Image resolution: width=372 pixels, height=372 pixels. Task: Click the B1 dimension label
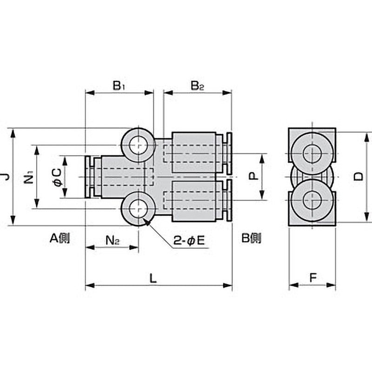pyautogui.click(x=119, y=86)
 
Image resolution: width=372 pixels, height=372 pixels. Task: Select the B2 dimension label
pyautogui.click(x=197, y=86)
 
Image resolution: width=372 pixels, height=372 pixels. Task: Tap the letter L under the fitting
pyautogui.click(x=153, y=278)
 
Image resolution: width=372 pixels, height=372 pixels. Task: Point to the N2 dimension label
pyautogui.click(x=113, y=240)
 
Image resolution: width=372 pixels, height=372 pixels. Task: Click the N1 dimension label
pyautogui.click(x=29, y=177)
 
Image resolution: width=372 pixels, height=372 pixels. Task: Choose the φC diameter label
pyautogui.click(x=58, y=177)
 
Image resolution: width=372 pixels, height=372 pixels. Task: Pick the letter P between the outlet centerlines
pyautogui.click(x=253, y=176)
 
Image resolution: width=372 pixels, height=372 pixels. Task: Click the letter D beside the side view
pyautogui.click(x=358, y=177)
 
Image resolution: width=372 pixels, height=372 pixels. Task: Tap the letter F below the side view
pyautogui.click(x=313, y=278)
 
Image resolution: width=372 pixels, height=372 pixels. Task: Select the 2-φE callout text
pyautogui.click(x=189, y=241)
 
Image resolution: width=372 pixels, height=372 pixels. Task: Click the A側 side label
pyautogui.click(x=60, y=238)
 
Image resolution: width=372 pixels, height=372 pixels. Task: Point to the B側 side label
pyautogui.click(x=252, y=238)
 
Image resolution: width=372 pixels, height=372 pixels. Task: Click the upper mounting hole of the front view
pyautogui.click(x=138, y=145)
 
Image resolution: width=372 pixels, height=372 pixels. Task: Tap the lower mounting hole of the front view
pyautogui.click(x=138, y=208)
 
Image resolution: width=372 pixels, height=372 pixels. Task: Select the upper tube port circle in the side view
pyautogui.click(x=312, y=153)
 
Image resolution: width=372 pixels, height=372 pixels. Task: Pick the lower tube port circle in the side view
pyautogui.click(x=312, y=200)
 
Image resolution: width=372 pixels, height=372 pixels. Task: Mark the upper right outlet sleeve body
pyautogui.click(x=194, y=153)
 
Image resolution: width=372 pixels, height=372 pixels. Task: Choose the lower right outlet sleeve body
pyautogui.click(x=194, y=201)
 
